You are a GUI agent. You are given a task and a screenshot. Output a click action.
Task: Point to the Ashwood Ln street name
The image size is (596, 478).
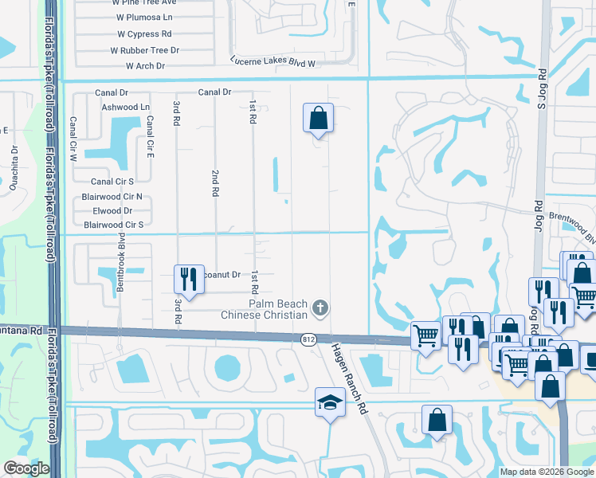[x=122, y=107]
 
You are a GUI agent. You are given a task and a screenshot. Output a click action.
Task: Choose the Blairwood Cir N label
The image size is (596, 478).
[x=112, y=197]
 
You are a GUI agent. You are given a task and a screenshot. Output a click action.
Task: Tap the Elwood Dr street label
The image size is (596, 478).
[x=112, y=211]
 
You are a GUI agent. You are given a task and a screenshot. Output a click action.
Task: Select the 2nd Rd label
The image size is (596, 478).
[x=215, y=183]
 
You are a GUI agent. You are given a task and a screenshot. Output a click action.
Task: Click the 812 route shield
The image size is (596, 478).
[x=308, y=340]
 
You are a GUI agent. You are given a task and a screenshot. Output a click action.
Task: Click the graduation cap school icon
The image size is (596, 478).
[x=330, y=402]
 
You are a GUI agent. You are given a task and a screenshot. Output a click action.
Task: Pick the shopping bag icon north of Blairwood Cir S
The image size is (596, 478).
[x=318, y=119]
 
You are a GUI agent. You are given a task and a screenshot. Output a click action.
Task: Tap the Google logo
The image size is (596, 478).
[x=26, y=468]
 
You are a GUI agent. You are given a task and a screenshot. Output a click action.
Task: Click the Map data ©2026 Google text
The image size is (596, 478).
[x=545, y=472]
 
